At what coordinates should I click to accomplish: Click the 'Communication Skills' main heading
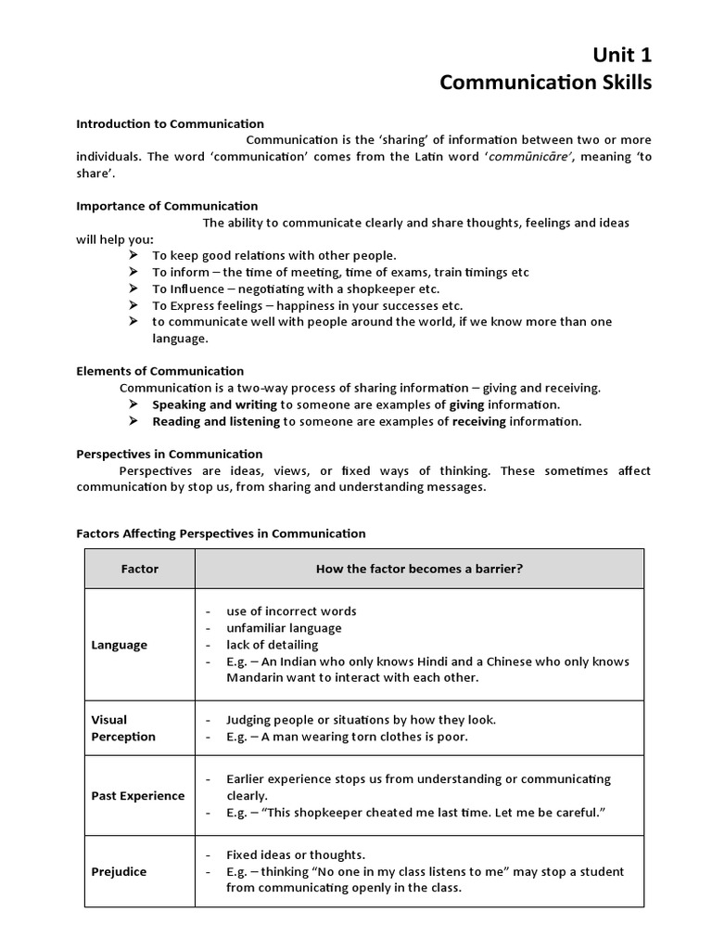545,83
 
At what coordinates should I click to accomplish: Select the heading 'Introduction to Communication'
170,123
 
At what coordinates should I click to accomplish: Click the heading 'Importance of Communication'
167,205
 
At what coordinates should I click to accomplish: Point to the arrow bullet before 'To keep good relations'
133,255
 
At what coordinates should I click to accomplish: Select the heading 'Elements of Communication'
159,370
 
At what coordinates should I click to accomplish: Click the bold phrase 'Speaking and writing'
214,404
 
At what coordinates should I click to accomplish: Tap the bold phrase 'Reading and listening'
216,421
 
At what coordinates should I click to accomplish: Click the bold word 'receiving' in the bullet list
479,421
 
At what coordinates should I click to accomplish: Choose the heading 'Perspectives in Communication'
170,454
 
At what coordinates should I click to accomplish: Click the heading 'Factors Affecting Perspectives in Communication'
221,533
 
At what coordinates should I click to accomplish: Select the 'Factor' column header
140,569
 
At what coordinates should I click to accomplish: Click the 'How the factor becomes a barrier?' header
419,569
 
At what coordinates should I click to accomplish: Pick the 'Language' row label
119,645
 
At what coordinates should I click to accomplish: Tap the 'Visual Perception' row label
123,727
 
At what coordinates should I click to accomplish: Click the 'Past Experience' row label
137,795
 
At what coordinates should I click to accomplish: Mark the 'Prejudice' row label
119,871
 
